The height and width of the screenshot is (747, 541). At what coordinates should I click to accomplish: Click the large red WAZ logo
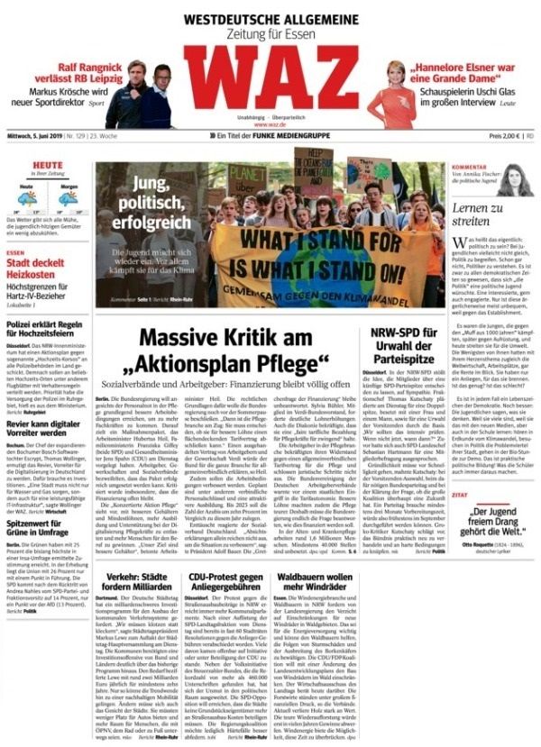[x=270, y=77]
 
